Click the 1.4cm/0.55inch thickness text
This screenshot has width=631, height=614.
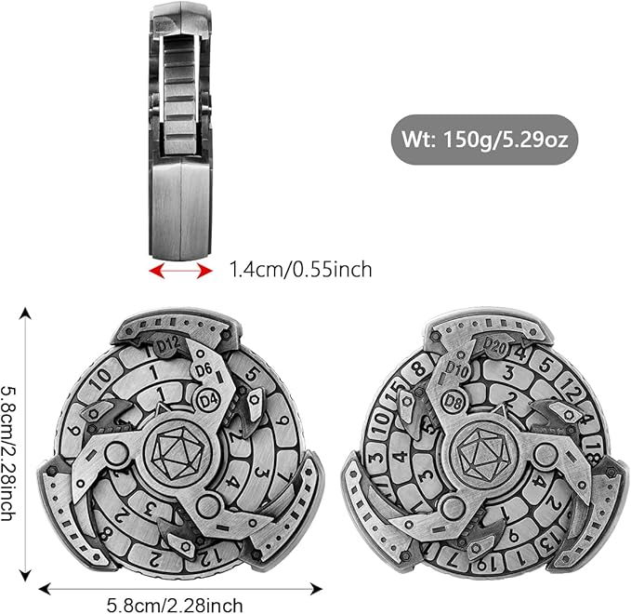click(x=300, y=270)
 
